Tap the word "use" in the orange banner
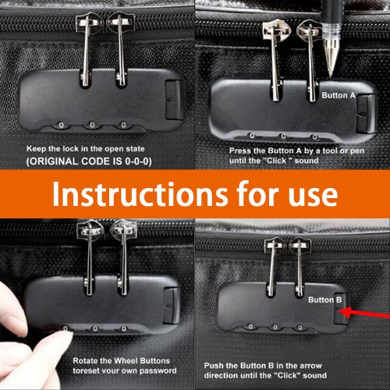tap(310, 194)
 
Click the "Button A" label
tap(339, 96)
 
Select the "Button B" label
tap(325, 300)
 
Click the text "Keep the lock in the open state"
tap(95, 147)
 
